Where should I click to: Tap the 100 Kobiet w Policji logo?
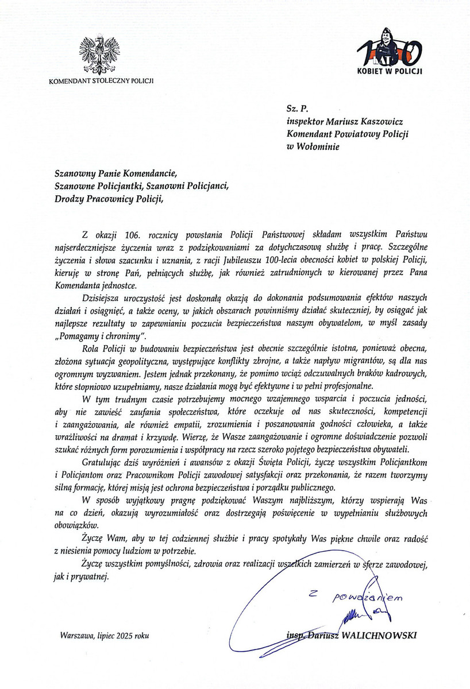389,52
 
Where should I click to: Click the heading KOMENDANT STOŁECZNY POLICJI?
102,80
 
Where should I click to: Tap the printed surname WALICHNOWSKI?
388,635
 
